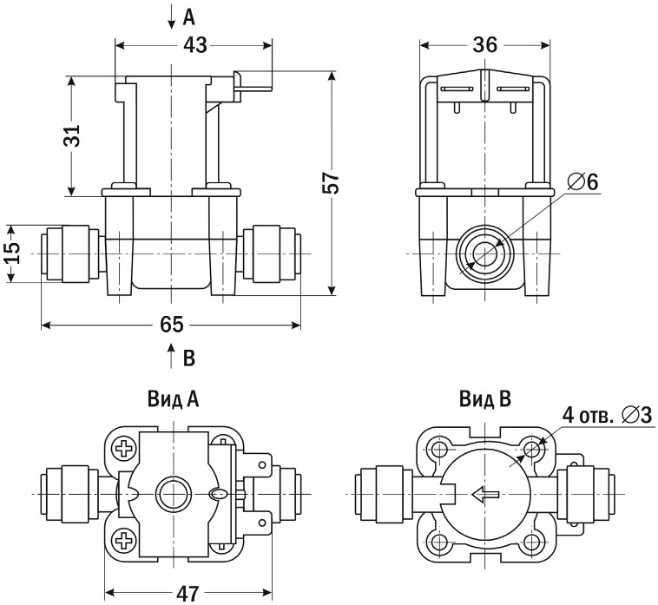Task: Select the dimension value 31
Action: point(73,135)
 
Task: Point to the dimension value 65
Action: point(172,325)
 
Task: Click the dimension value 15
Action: point(11,253)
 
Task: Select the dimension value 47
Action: point(186,594)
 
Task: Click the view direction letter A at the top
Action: point(188,15)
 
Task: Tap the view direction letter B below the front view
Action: point(189,356)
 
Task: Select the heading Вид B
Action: point(485,398)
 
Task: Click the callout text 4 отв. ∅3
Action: point(607,415)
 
